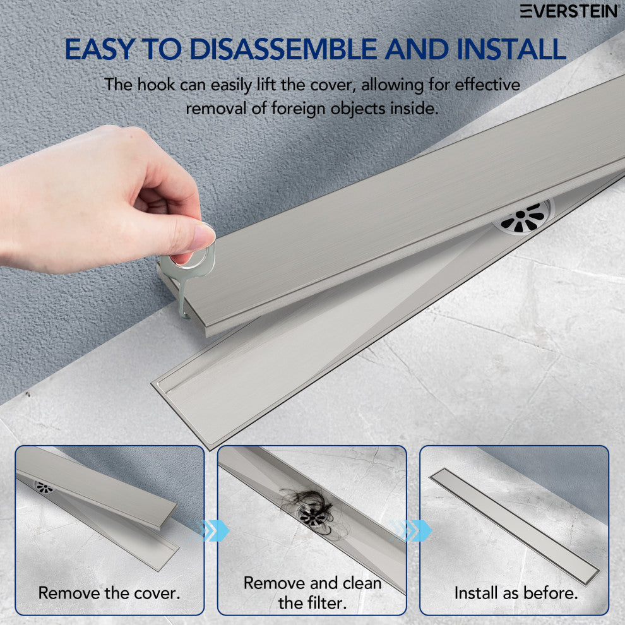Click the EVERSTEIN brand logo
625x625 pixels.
[x=569, y=11]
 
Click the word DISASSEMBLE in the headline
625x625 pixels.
[x=283, y=49]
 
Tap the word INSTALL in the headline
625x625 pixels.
[x=511, y=49]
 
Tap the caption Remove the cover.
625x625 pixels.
[x=109, y=593]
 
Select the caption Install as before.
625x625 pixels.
[x=516, y=593]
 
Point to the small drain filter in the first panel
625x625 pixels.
[x=44, y=487]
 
